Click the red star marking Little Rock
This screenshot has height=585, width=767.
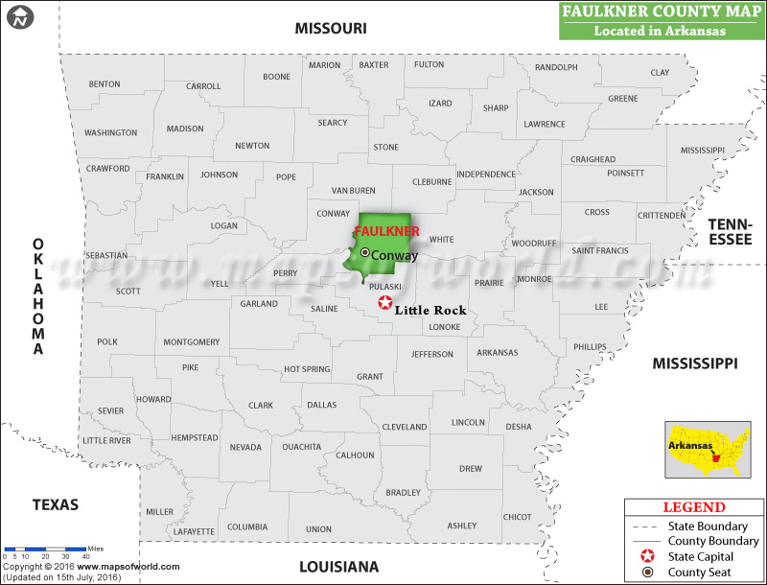(x=385, y=303)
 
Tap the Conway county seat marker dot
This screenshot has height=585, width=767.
(x=364, y=252)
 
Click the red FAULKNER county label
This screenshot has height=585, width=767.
(x=386, y=232)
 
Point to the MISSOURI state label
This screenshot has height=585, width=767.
(x=331, y=29)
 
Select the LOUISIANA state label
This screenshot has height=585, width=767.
(x=339, y=566)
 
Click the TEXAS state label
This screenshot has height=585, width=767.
(x=56, y=504)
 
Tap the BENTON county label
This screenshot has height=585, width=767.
(x=105, y=84)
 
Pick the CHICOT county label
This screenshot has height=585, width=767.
(x=517, y=517)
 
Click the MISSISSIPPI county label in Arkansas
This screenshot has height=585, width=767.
(x=703, y=151)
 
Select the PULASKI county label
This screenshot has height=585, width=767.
(x=385, y=286)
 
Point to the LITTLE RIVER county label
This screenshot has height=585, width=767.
(x=106, y=440)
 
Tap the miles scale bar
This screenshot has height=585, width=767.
(x=45, y=548)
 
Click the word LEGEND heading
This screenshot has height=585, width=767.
(x=694, y=507)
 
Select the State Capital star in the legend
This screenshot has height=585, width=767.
(x=648, y=556)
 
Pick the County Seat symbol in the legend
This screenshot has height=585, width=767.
(x=648, y=573)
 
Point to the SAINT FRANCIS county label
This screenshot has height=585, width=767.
(x=599, y=250)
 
